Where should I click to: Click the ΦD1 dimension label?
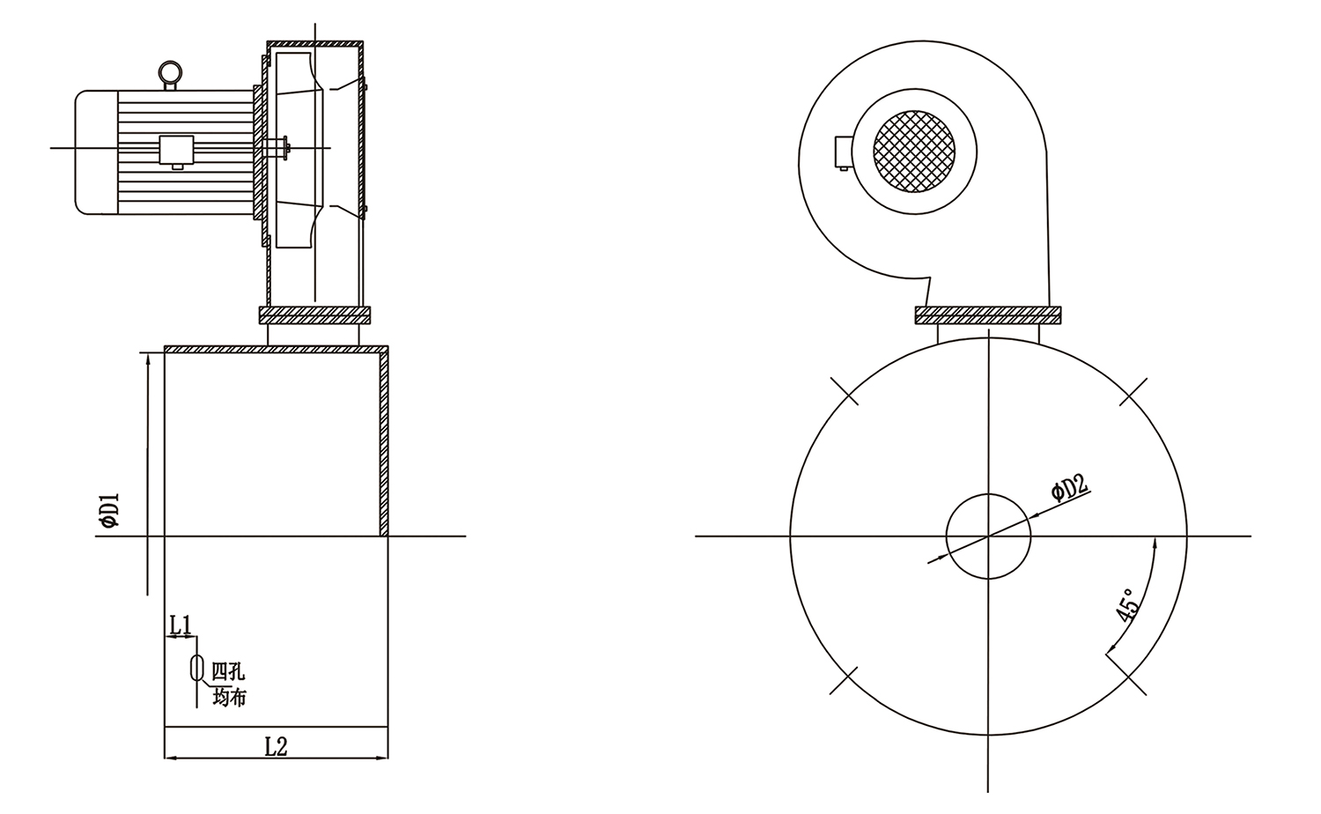pyautogui.click(x=110, y=510)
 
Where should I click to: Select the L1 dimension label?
pyautogui.click(x=181, y=625)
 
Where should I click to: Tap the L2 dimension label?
pyautogui.click(x=276, y=746)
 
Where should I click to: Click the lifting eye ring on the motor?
pyautogui.click(x=170, y=72)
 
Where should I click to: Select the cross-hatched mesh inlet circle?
pyautogui.click(x=914, y=151)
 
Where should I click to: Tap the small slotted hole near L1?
pyautogui.click(x=196, y=668)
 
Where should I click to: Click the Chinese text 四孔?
pyautogui.click(x=228, y=671)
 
